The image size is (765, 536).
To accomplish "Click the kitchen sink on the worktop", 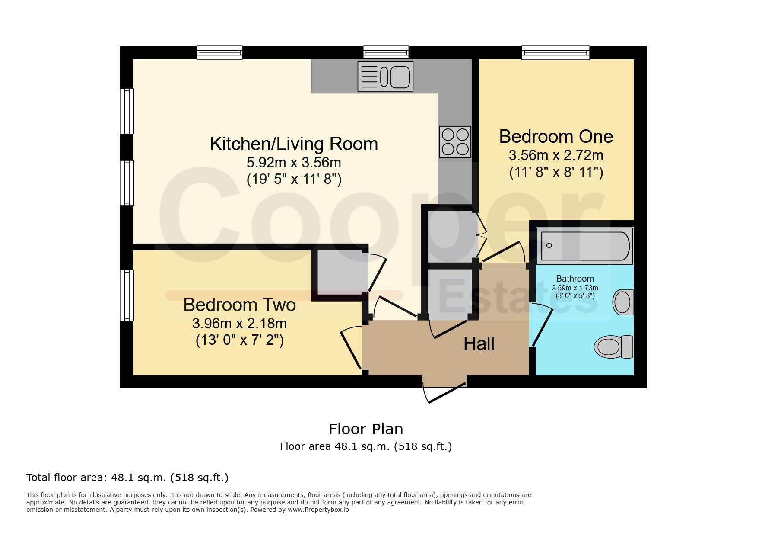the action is pos(385,77).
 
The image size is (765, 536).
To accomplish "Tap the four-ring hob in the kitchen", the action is pos(455,142).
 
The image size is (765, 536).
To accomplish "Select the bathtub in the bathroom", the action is pos(584,246).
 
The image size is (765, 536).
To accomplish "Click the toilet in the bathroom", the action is pos(613,347).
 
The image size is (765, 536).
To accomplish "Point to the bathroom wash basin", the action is pos(622,302).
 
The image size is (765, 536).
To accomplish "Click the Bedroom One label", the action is pos(556,137).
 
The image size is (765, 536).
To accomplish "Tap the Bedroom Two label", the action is pos(239,305).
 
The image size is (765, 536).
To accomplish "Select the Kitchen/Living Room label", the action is pos(294,144).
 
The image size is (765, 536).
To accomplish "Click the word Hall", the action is pos(479,344).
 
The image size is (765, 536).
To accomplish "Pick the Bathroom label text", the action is pos(575,279).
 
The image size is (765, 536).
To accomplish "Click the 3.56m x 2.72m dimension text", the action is pos(556,155).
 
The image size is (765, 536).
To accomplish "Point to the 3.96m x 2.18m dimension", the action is pos(239,324).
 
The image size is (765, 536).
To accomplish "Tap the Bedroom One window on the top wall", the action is pos(555,53).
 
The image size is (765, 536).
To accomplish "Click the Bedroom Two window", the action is pos(127,295).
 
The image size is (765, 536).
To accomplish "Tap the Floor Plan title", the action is pos(366,429).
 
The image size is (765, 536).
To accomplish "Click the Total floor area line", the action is pos(127,478).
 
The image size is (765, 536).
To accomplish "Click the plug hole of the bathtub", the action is pos(549,245).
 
